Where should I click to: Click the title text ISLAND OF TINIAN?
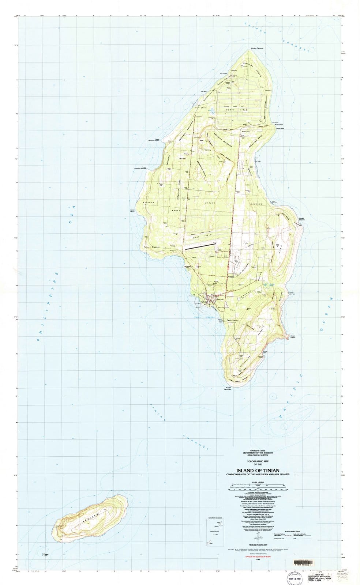(x=258, y=470)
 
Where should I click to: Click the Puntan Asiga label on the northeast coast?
(x=280, y=128)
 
